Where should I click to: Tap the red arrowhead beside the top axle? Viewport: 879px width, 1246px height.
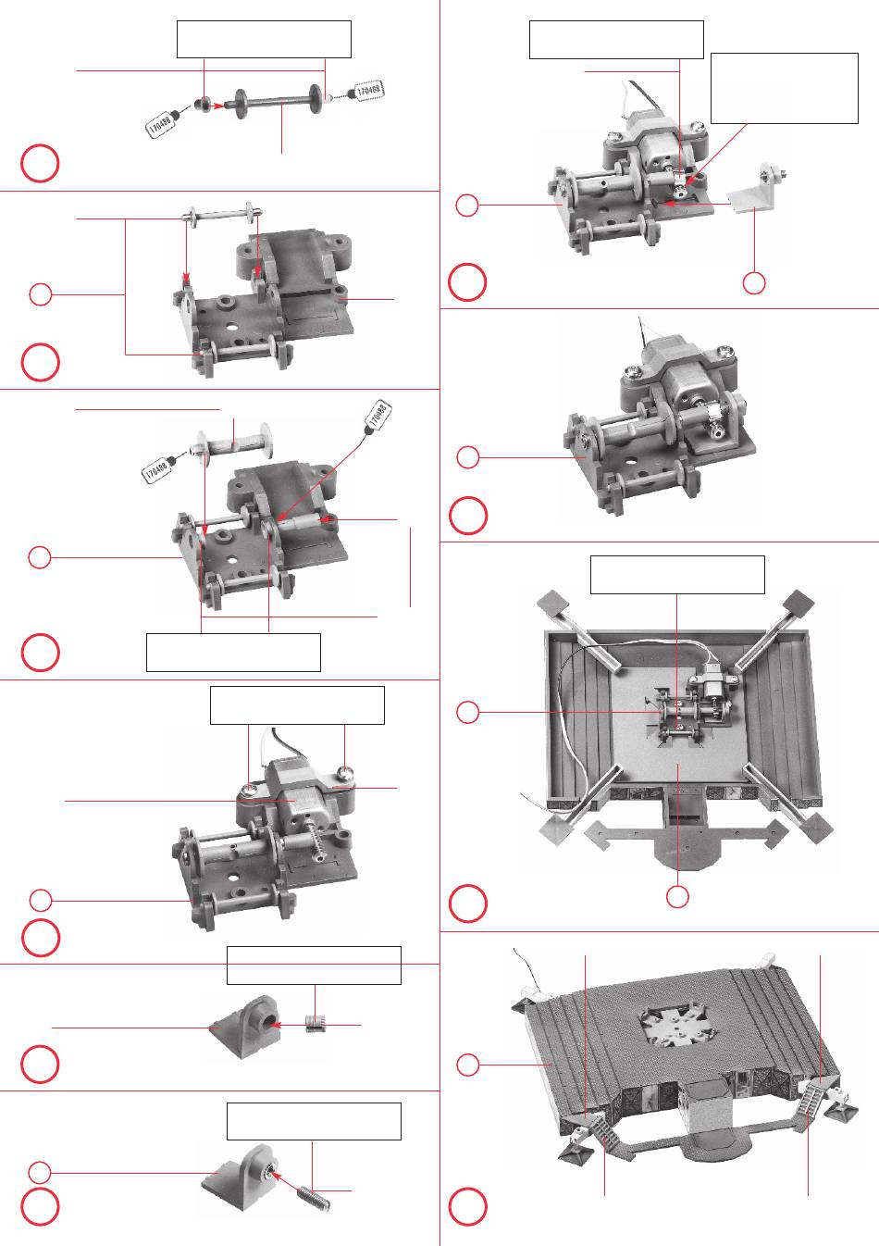[218, 106]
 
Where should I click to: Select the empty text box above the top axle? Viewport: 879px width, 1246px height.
[264, 40]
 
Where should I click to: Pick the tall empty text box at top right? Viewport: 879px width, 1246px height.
[784, 88]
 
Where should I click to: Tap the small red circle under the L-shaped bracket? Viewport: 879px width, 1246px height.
[754, 283]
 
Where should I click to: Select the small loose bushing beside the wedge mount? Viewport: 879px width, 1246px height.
[316, 1025]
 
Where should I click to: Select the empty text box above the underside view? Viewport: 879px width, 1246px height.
[677, 575]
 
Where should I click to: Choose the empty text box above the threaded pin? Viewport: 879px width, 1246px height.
[314, 1120]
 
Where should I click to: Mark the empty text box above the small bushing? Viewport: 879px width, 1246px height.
[314, 965]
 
